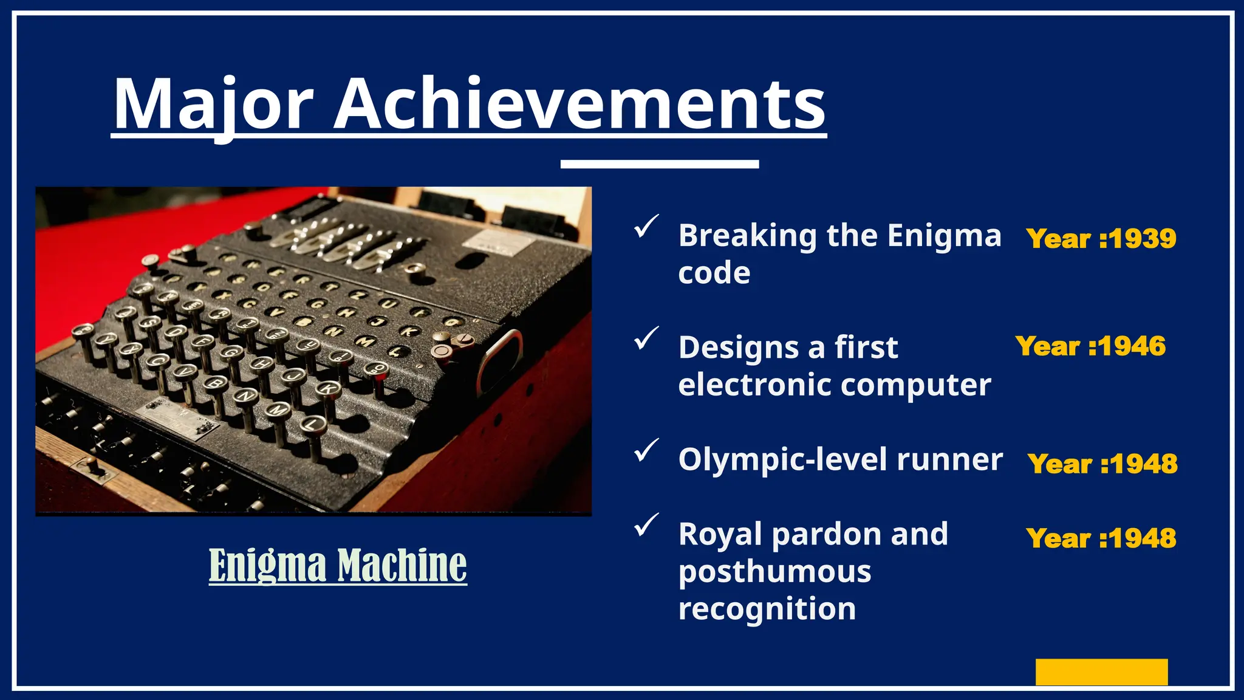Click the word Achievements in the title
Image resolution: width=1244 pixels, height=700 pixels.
[580, 105]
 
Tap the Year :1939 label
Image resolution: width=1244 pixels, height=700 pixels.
[1101, 239]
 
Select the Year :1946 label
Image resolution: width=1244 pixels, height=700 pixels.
[1090, 346]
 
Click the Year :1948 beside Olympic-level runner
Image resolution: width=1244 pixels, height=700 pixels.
[1102, 464]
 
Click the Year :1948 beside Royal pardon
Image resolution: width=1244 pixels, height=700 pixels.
[1101, 538]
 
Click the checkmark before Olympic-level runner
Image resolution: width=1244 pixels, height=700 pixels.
[646, 450]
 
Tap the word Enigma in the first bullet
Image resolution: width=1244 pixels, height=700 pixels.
[944, 236]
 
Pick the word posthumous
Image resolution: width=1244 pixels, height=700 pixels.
[774, 572]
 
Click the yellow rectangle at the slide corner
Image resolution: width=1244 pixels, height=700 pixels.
[1101, 672]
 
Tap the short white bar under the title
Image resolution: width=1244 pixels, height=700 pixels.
[660, 164]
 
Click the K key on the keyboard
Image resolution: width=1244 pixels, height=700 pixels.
[329, 388]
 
